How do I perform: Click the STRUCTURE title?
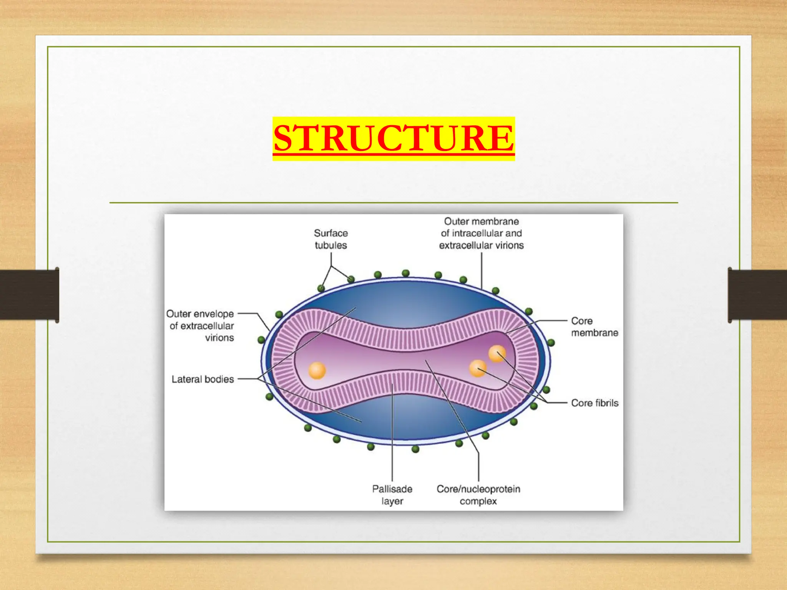[393, 138]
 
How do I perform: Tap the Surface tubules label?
[330, 239]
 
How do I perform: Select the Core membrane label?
[594, 326]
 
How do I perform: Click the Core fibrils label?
[594, 403]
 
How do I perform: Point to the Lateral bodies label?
[203, 379]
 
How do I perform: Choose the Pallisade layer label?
[392, 495]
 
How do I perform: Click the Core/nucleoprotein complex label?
[478, 495]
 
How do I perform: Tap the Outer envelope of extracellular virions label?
[201, 326]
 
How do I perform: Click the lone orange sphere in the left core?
[317, 371]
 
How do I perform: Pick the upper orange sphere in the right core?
[497, 353]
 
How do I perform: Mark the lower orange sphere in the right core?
[478, 368]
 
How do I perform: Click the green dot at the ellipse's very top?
[405, 273]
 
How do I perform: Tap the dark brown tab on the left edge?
[29, 295]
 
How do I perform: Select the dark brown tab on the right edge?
[757, 295]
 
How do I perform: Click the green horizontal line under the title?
[393, 202]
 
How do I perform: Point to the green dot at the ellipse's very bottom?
[415, 449]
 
